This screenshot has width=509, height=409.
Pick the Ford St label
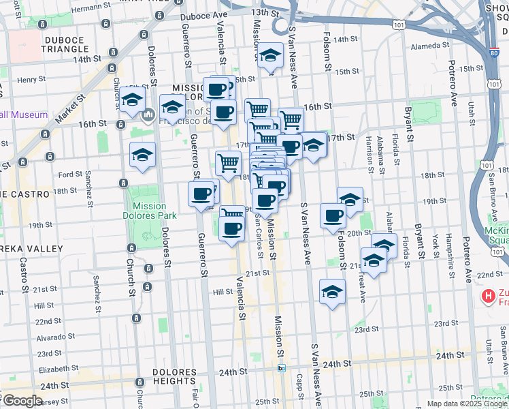click(x=70, y=175)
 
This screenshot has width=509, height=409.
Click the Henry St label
click(x=31, y=80)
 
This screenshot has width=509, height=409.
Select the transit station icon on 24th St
click(x=282, y=368)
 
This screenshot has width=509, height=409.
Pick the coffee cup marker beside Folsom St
click(x=333, y=216)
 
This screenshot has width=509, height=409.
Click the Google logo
click(x=23, y=401)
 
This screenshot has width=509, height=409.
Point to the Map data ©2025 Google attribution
click(x=467, y=404)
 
